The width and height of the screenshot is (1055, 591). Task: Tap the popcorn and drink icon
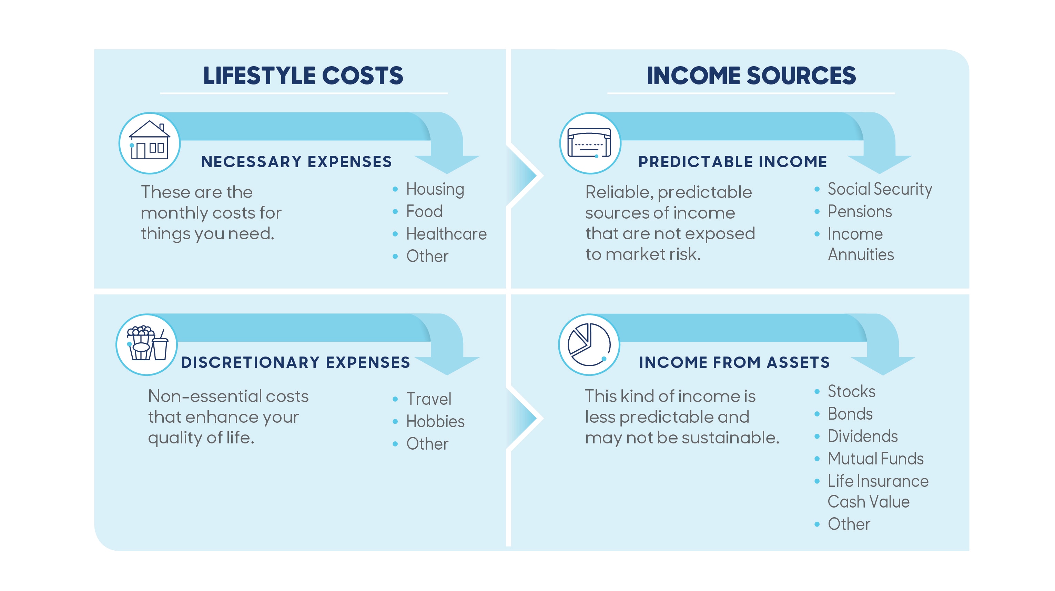tap(146, 344)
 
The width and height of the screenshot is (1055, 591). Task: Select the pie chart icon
tap(589, 344)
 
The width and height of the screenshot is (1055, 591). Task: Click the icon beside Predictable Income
tap(590, 143)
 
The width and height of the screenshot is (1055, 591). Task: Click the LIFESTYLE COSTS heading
tap(303, 76)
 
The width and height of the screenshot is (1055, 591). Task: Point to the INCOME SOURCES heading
tap(751, 76)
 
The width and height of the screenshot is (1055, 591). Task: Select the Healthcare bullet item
tap(446, 234)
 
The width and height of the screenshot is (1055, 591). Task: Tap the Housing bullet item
tap(435, 189)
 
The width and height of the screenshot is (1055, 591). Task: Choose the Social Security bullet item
tap(880, 189)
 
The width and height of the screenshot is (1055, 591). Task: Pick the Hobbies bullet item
tap(435, 421)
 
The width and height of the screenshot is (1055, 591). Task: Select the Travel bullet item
tap(428, 399)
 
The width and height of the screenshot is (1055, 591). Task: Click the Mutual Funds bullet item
tap(875, 459)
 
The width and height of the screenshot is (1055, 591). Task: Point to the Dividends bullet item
tap(863, 436)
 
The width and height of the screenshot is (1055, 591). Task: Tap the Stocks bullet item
tap(851, 391)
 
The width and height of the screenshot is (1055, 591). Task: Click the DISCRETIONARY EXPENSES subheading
tap(295, 363)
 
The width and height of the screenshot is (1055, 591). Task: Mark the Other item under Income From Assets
tap(849, 524)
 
